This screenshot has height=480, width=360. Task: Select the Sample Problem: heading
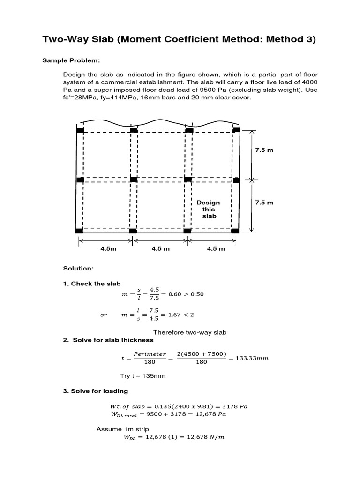(82, 60)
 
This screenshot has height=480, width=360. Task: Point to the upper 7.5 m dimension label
(264, 150)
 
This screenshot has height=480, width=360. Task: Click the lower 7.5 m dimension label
(264, 202)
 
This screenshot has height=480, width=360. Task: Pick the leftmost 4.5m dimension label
(108, 249)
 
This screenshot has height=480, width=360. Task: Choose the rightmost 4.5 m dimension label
(216, 249)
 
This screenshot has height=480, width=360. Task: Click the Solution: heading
(78, 268)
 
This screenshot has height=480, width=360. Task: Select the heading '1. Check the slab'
(92, 284)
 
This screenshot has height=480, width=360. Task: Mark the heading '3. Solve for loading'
(95, 391)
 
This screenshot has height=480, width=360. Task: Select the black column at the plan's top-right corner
(236, 129)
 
